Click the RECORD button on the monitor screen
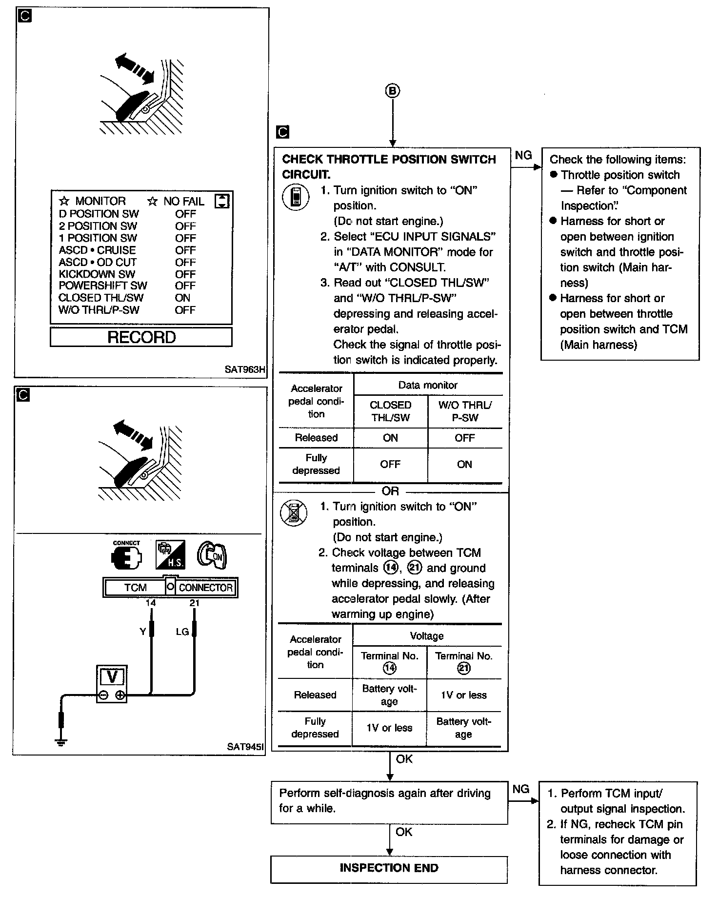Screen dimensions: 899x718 141,337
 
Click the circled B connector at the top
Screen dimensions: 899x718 393,91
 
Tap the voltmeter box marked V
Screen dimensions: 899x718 112,683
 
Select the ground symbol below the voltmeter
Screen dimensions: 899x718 61,743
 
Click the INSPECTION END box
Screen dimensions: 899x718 389,868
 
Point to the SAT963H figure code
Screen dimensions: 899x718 245,369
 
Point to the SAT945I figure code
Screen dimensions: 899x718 246,747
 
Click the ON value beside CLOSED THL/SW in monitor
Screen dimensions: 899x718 182,298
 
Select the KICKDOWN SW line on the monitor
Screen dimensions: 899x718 97,274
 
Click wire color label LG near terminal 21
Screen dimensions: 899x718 182,632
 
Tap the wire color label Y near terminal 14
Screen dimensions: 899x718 142,632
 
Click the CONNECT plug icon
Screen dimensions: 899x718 126,556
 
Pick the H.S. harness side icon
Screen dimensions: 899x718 170,555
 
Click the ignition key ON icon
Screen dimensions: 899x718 212,555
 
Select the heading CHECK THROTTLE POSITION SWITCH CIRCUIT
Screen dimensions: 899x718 389,166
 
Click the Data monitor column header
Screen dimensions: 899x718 428,385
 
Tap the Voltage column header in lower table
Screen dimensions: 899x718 427,636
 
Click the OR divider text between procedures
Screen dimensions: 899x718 390,491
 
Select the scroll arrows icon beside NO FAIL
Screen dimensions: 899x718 222,201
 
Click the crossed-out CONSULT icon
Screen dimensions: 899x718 294,512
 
